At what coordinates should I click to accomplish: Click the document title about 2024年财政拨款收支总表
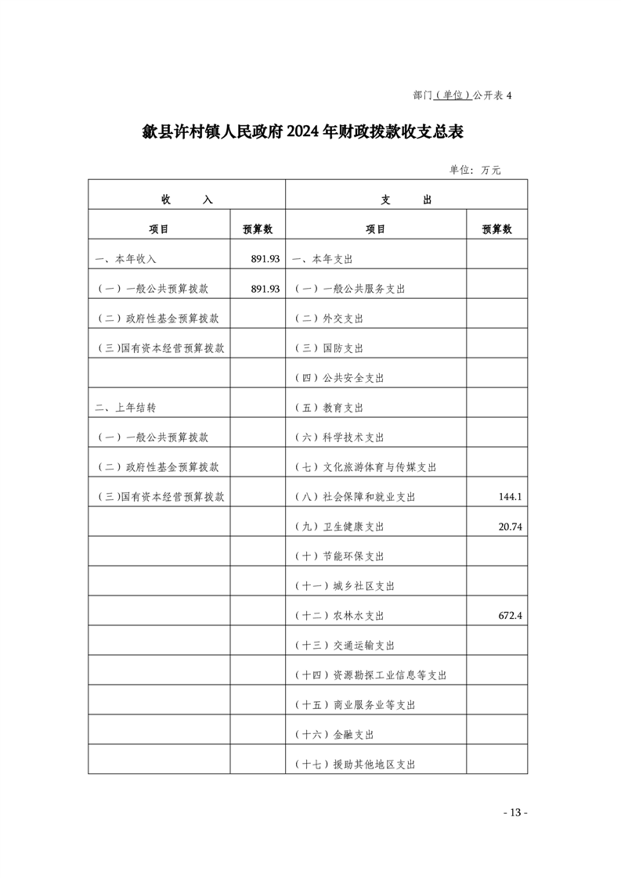pyautogui.click(x=303, y=131)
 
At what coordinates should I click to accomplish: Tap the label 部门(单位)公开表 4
pyautogui.click(x=461, y=95)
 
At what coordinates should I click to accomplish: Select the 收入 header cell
pyautogui.click(x=186, y=200)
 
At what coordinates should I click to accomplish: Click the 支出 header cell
pyautogui.click(x=406, y=200)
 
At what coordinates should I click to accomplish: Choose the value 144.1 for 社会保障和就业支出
pyautogui.click(x=510, y=497)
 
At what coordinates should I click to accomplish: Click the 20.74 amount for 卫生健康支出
pyautogui.click(x=509, y=527)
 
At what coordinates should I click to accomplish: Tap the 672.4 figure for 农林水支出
pyautogui.click(x=510, y=616)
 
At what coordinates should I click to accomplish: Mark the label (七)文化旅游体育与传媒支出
pyautogui.click(x=365, y=467)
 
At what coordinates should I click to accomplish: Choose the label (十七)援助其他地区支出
pyautogui.click(x=354, y=765)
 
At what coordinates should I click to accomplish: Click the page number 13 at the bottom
pyautogui.click(x=514, y=812)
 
